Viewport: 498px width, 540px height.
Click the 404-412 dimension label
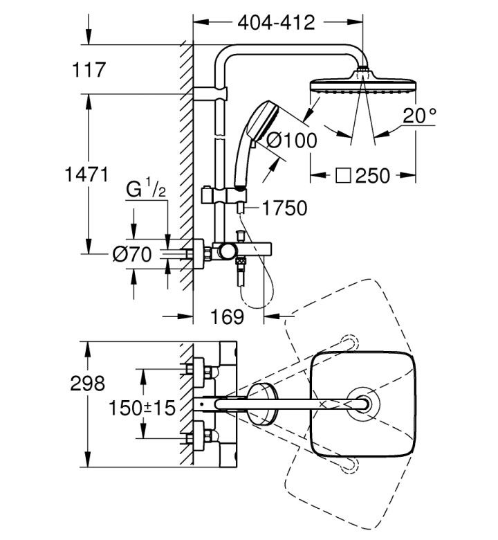pyautogui.click(x=277, y=23)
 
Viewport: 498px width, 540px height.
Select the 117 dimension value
pyautogui.click(x=89, y=70)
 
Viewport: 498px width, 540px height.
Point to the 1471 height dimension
pyautogui.click(x=86, y=174)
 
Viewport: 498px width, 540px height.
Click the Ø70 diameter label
pyautogui.click(x=132, y=254)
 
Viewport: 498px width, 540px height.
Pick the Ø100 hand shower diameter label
pyautogui.click(x=292, y=141)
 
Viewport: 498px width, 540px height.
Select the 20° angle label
pyautogui.click(x=419, y=116)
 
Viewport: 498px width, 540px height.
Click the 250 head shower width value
pyautogui.click(x=373, y=176)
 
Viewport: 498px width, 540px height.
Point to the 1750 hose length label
pyautogui.click(x=284, y=208)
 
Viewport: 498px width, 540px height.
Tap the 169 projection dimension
pyautogui.click(x=227, y=316)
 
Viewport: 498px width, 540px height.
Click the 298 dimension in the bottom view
pyautogui.click(x=87, y=384)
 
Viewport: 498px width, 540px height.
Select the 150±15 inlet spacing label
pyautogui.click(x=142, y=408)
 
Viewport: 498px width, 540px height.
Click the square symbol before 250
pyautogui.click(x=343, y=176)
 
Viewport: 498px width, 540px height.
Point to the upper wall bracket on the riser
pyautogui.click(x=210, y=93)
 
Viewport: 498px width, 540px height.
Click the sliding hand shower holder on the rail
pyautogui.click(x=223, y=195)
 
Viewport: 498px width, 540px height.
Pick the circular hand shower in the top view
pyautogui.click(x=261, y=404)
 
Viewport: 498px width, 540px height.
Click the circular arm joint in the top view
pyautogui.click(x=363, y=404)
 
